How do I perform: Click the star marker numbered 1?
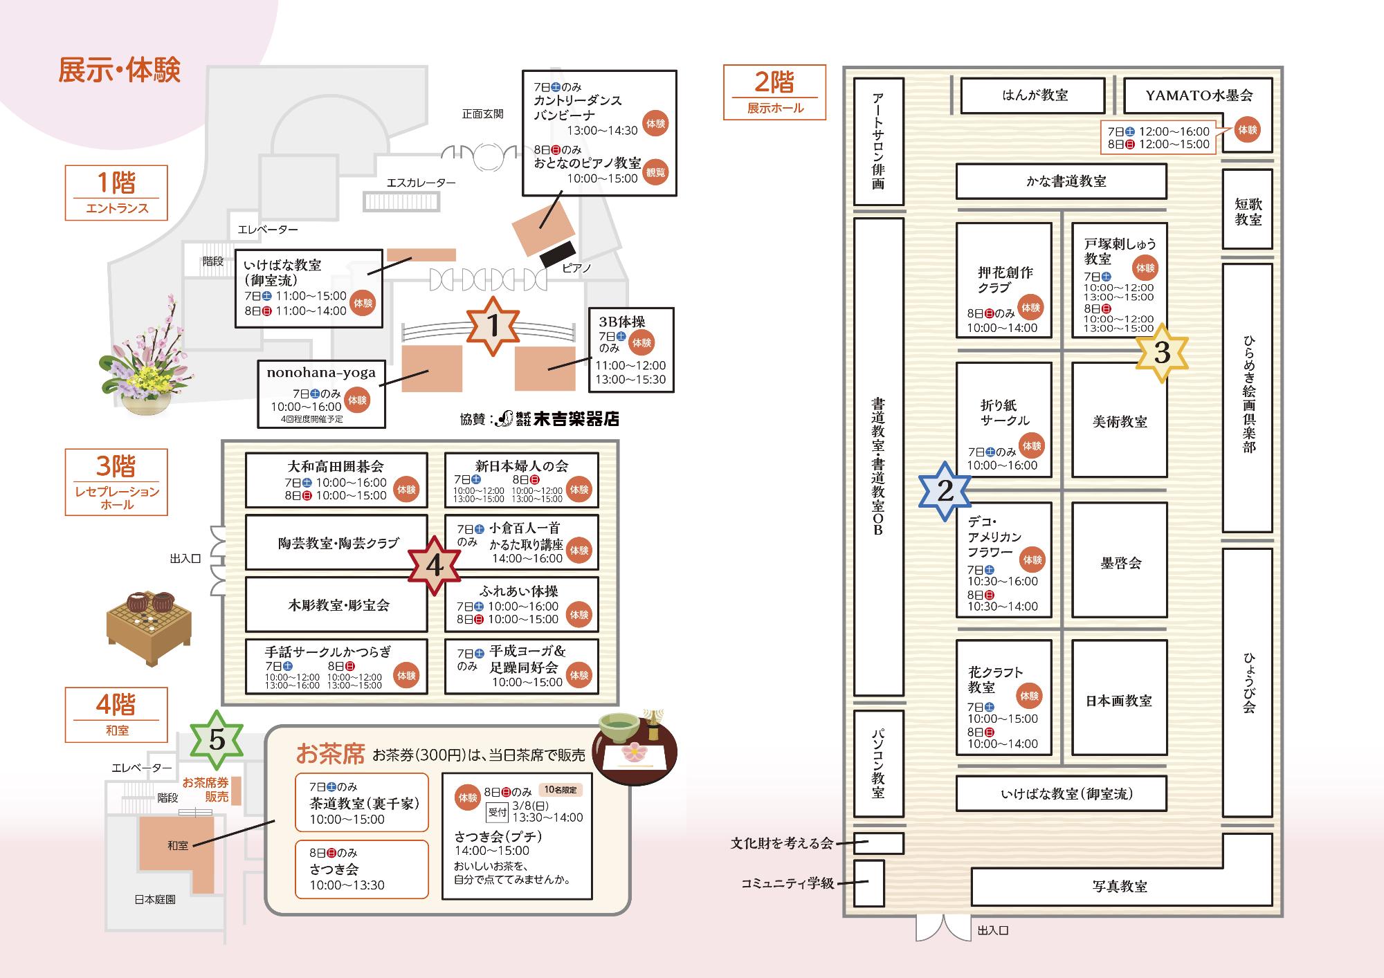[493, 326]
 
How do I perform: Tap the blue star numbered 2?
[945, 491]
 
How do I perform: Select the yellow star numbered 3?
[1162, 353]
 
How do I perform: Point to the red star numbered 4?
[434, 566]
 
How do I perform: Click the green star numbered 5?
[217, 741]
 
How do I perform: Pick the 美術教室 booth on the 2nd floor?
[1119, 421]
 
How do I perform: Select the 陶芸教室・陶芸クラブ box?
[337, 543]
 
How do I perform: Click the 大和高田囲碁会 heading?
[336, 466]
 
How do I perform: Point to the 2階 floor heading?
[774, 82]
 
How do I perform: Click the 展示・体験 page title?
[119, 71]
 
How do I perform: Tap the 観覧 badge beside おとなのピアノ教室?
[655, 172]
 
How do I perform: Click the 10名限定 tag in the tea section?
[561, 790]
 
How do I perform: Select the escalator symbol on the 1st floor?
[402, 201]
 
